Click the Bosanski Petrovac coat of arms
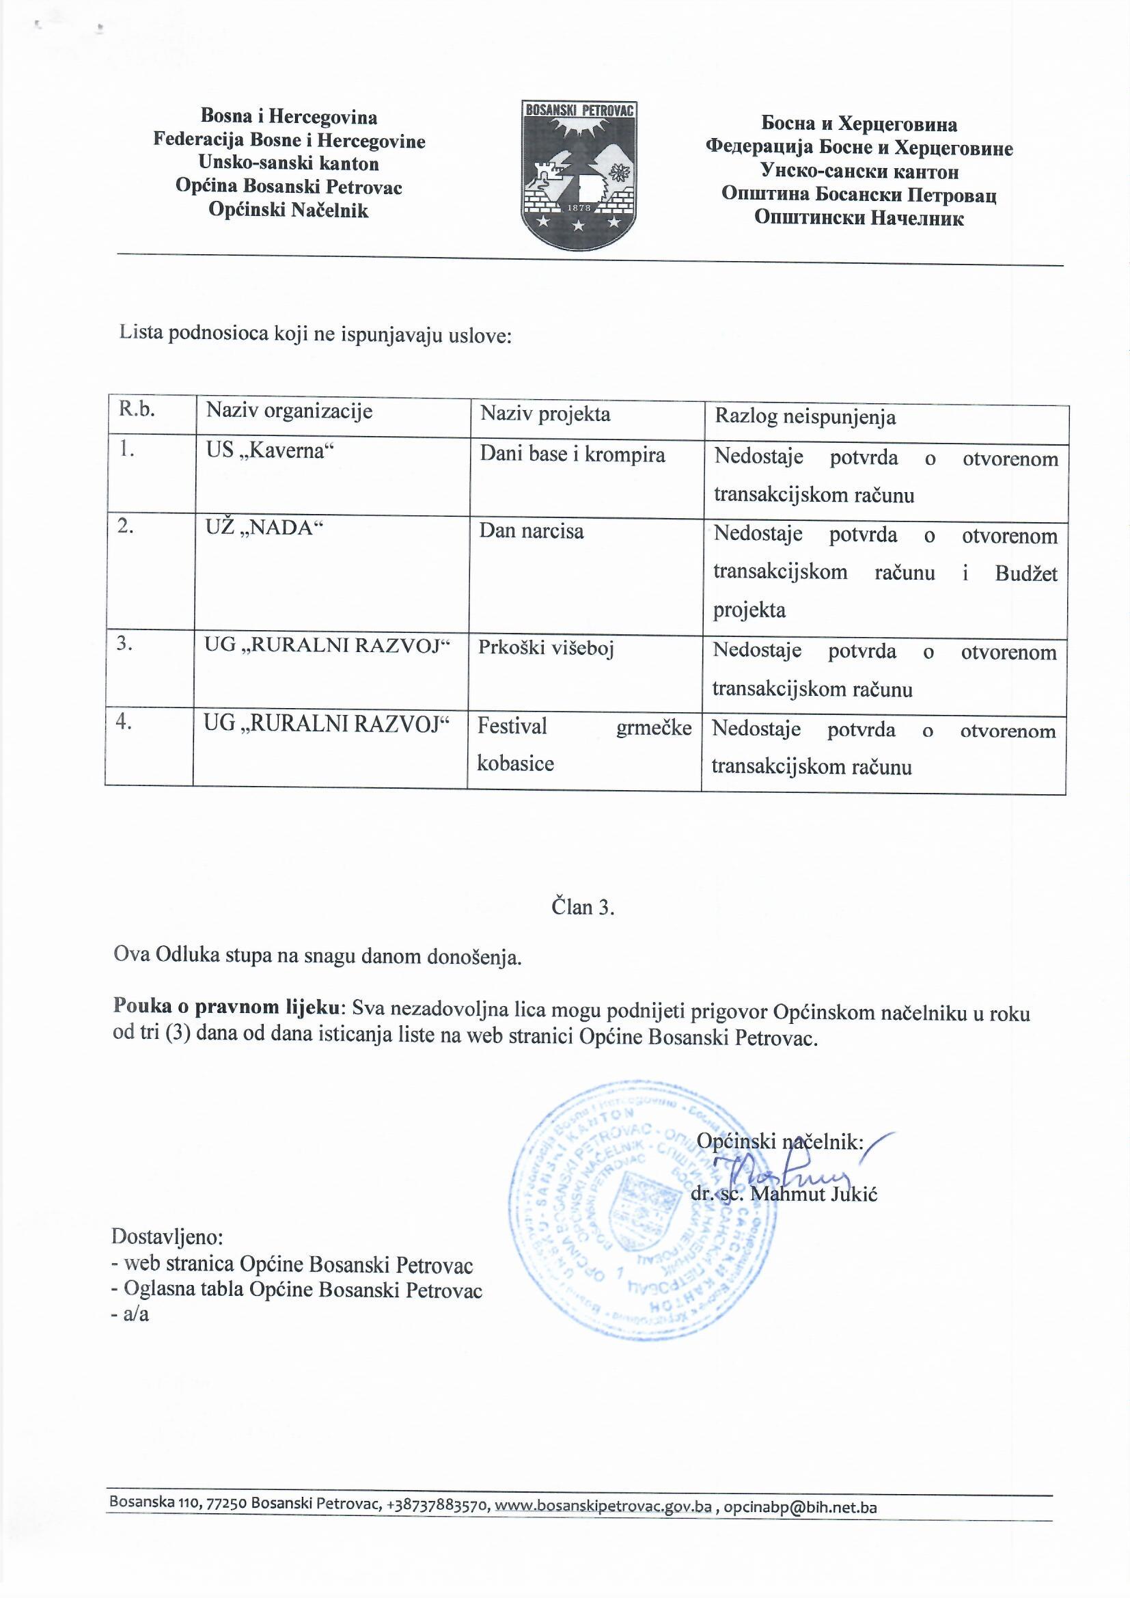coord(579,175)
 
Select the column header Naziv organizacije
coord(289,411)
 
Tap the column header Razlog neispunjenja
coord(805,417)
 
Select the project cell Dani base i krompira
coord(572,455)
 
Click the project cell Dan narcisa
coord(531,532)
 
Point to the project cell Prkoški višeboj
coord(545,648)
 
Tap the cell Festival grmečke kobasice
coord(583,745)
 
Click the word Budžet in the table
coord(1025,573)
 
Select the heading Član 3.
coord(582,907)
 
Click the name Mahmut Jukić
coord(814,1194)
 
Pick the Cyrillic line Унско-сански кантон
coord(859,171)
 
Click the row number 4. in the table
coord(124,722)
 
